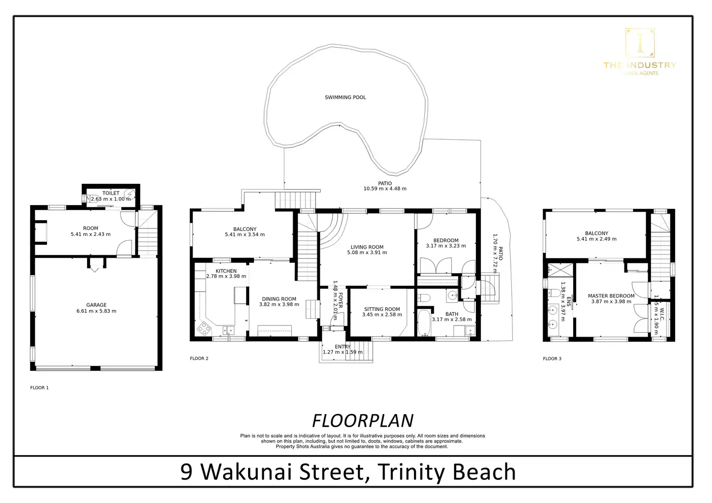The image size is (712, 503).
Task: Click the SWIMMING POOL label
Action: point(345,98)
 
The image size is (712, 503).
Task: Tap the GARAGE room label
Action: point(96,305)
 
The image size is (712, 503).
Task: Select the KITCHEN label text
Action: point(226,271)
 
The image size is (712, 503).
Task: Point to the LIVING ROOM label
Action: point(367,247)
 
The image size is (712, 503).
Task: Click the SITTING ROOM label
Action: point(382,309)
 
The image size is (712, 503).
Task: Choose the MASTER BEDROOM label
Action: point(611,296)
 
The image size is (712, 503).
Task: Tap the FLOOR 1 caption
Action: point(40,388)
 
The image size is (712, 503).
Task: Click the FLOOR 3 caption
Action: point(552,359)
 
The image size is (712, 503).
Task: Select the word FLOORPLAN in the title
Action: point(363,421)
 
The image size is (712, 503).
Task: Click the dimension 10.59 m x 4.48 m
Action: point(385,189)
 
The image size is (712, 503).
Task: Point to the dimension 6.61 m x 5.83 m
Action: point(96,311)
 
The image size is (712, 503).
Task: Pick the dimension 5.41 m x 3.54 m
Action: point(245,235)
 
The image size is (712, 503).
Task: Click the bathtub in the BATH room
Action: point(423,324)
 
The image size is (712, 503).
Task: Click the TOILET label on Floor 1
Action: point(111,193)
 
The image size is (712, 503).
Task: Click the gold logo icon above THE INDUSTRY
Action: point(640,43)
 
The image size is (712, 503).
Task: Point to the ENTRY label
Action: point(342,347)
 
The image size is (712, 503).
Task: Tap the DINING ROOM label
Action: point(279,299)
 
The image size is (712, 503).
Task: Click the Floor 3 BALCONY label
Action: point(596,233)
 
